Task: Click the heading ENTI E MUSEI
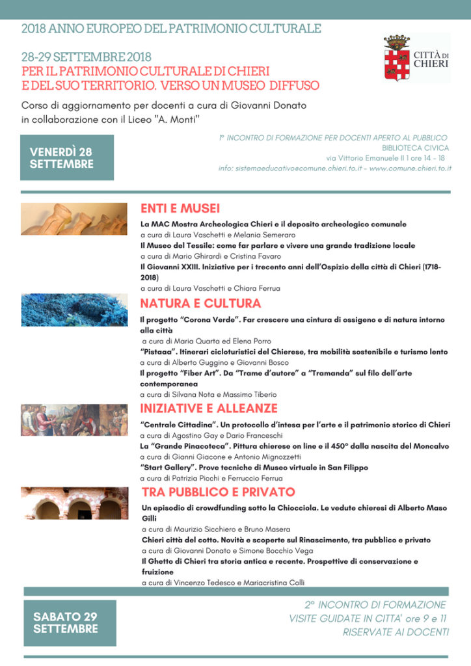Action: [180, 209]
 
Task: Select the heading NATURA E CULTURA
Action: [200, 303]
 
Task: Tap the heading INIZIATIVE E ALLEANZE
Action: [209, 408]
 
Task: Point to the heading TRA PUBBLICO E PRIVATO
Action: [218, 492]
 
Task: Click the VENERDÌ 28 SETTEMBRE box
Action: [67, 157]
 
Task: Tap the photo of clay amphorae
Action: [74, 219]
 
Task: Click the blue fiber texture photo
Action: [74, 310]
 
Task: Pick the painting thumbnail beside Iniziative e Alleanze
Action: [74, 420]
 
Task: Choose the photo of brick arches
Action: [74, 503]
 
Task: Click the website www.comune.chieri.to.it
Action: [410, 168]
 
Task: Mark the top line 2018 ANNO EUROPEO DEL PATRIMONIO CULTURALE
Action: [171, 29]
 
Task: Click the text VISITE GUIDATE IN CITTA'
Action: [346, 619]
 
